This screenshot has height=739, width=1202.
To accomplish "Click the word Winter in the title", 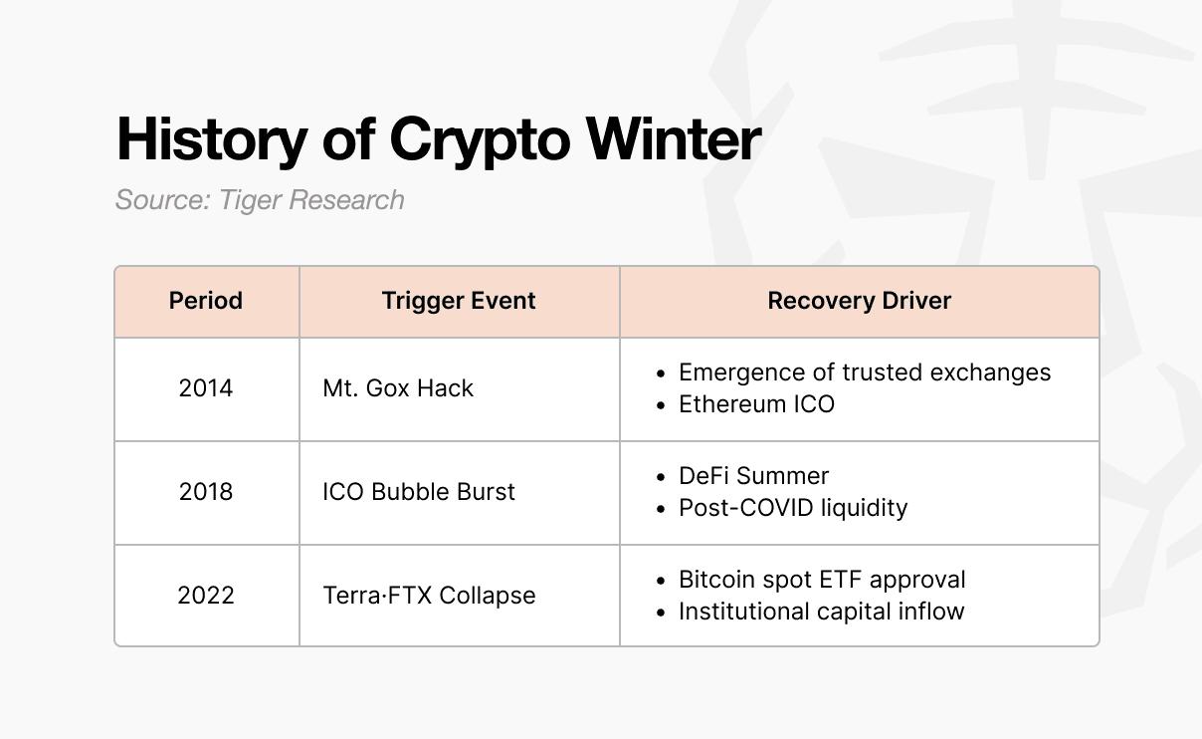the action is (x=674, y=138).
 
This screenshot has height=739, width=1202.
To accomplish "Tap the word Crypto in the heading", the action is (x=480, y=141).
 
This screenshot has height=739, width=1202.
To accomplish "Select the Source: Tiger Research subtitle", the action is (x=260, y=200).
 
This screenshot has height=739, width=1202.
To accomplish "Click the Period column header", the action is (x=206, y=301).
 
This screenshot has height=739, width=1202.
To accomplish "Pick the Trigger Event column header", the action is (x=459, y=301).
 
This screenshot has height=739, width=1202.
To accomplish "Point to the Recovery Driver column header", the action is (x=859, y=301).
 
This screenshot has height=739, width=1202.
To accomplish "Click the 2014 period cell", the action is (x=206, y=388).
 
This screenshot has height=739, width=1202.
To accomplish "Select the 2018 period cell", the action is (x=206, y=492).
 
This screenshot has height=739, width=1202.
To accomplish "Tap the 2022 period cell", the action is (x=206, y=596).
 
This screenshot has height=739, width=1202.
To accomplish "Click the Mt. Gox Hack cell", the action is (x=398, y=388).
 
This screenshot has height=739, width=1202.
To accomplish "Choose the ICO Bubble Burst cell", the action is (x=419, y=492).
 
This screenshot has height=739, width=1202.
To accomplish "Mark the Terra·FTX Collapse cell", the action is (x=429, y=596).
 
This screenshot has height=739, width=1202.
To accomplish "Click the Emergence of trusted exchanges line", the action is (x=865, y=372).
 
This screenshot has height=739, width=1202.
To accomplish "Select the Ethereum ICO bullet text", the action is (x=756, y=404).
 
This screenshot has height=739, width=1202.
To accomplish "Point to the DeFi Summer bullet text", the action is (x=753, y=476).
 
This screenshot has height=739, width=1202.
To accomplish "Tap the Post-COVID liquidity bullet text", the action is (x=793, y=508).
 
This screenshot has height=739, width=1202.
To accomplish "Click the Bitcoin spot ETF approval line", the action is (x=822, y=580).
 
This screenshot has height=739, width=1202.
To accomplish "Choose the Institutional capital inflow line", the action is (x=822, y=612).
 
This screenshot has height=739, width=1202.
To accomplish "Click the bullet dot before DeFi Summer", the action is (x=661, y=477).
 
